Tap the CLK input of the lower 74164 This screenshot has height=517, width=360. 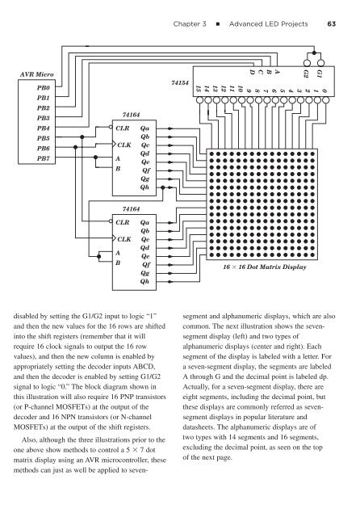click(x=123, y=240)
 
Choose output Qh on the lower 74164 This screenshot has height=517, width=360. click(x=149, y=282)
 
